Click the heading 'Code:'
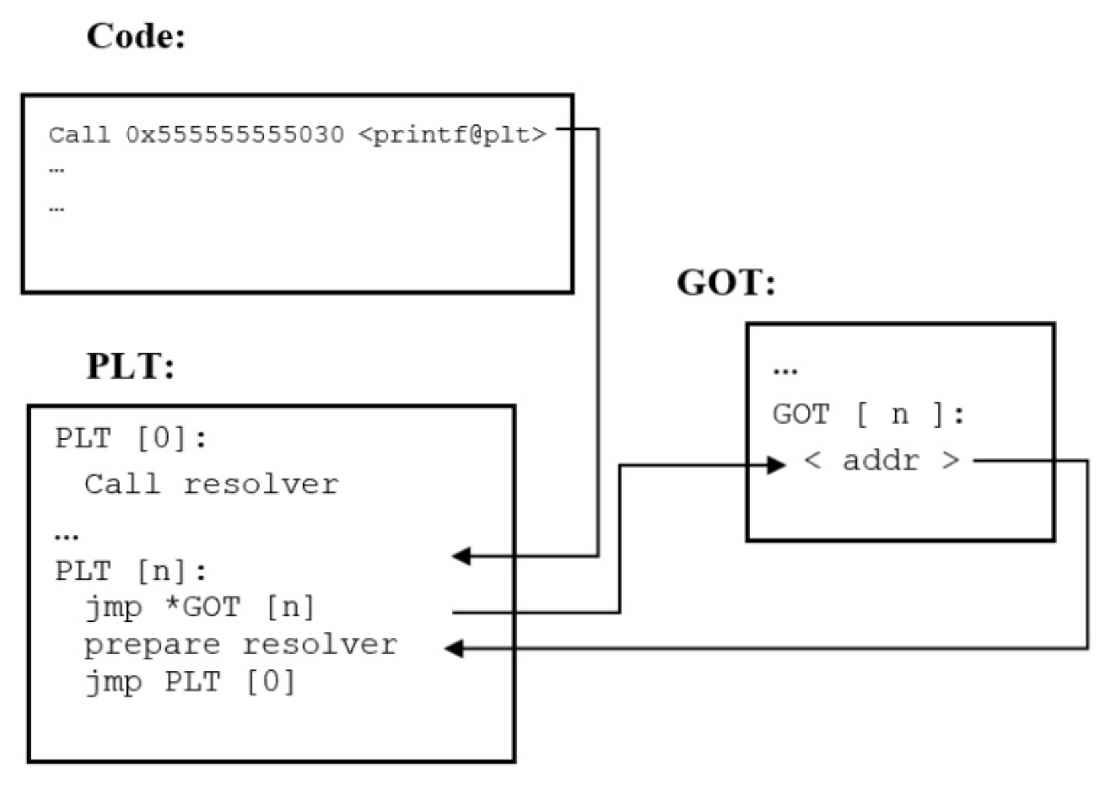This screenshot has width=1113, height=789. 135,36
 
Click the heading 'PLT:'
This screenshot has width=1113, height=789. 130,365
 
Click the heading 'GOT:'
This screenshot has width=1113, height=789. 726,282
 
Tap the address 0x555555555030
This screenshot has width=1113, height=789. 234,135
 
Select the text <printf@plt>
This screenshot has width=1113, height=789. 452,135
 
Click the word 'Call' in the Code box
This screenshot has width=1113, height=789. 79,135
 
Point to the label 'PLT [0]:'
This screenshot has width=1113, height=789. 131,438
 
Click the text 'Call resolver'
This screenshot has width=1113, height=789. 211,484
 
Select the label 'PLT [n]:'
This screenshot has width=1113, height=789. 131,570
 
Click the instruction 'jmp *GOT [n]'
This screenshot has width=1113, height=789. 199,607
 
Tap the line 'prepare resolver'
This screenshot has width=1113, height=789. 240,645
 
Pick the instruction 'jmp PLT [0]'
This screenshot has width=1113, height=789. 190,682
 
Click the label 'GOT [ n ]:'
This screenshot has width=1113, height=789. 868,414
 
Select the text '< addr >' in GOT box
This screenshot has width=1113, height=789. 881,460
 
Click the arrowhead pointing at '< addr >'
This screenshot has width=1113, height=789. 776,464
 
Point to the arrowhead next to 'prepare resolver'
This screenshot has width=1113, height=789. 454,648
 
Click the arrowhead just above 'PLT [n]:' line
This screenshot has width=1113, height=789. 462,556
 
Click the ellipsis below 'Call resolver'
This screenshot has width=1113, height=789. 66,535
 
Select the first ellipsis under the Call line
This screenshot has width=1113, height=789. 57,170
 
